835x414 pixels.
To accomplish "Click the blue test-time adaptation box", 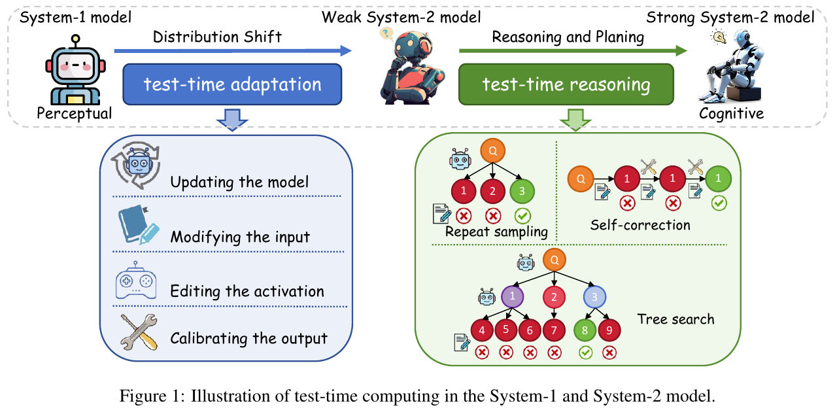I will [x=232, y=84].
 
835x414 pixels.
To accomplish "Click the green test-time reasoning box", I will [x=566, y=84].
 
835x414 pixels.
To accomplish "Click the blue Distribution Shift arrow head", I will [x=345, y=50].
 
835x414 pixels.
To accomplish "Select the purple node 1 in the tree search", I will [x=512, y=297].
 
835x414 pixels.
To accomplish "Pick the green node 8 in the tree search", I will [x=585, y=330].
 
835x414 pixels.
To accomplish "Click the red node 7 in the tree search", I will [x=554, y=330].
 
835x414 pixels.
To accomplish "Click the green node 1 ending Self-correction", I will [x=719, y=177].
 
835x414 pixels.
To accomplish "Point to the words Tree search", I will [x=675, y=319].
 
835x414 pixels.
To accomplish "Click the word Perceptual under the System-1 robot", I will [x=74, y=113].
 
